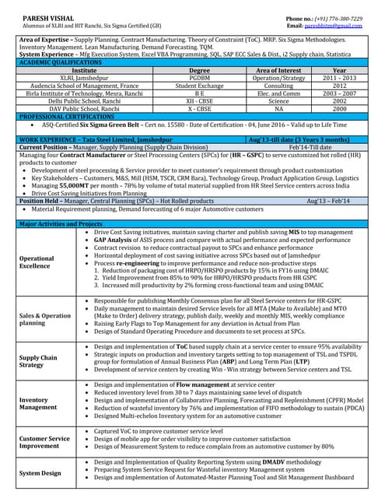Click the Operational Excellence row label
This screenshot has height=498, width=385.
coord(37,261)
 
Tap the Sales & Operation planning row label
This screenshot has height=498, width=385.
coord(44,320)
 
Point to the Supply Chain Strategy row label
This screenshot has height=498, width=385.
coord(38,361)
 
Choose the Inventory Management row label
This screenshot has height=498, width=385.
coord(37,402)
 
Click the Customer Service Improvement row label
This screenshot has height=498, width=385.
coord(44,443)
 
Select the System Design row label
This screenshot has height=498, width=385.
coord(40,472)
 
